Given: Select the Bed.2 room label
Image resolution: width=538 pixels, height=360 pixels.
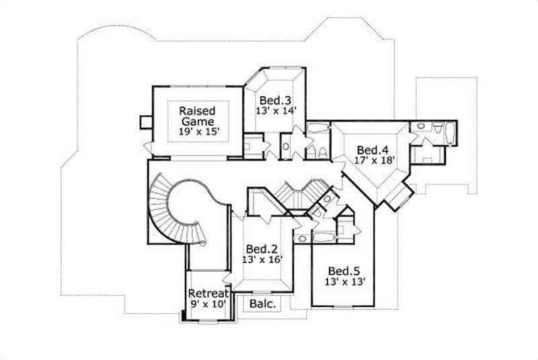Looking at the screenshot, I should [x=259, y=247].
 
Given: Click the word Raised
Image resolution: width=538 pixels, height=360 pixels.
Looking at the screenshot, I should [x=196, y=110].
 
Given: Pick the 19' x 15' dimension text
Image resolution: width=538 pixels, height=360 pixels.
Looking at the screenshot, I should [x=196, y=133].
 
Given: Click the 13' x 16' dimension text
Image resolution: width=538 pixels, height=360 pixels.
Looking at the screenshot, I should [x=259, y=258].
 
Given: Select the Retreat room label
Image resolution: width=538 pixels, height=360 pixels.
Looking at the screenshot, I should [x=210, y=293].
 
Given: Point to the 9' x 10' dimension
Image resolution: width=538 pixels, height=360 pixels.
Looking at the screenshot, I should [x=210, y=304].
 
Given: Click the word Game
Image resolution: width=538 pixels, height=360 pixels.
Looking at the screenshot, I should [x=196, y=122].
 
